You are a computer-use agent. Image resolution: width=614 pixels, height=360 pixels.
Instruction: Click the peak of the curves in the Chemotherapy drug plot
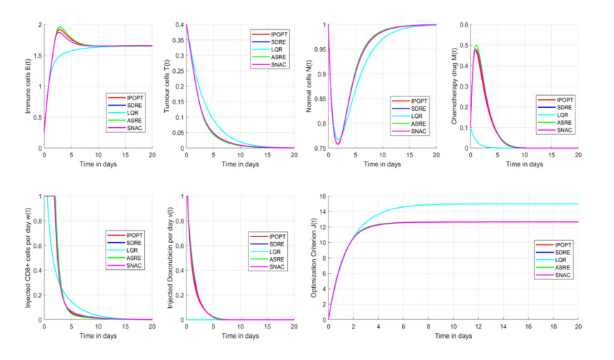[x=476, y=48]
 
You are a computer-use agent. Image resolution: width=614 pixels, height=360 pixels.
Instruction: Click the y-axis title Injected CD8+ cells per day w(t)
[x=27, y=258]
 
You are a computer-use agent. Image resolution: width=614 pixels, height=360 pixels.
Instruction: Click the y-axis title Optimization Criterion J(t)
[x=310, y=258]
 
